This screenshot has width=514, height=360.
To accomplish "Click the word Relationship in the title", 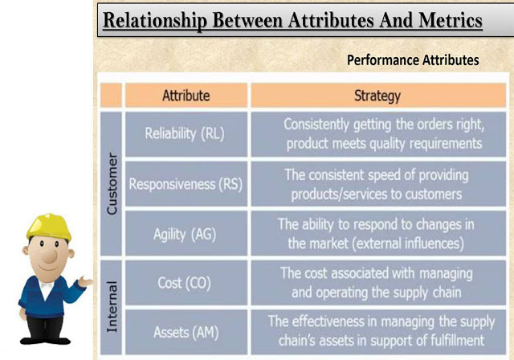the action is [x=155, y=20].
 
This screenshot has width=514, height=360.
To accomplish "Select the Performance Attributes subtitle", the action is [x=413, y=60].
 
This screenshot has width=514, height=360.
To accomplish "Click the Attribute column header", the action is [x=186, y=96].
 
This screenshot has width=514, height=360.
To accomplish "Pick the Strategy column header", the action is [x=378, y=96].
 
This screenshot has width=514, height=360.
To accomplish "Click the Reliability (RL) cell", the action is [x=186, y=134].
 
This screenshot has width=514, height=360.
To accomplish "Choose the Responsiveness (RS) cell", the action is [x=186, y=184].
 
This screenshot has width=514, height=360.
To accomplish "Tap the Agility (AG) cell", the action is [x=186, y=234].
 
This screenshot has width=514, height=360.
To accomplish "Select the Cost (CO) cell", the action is [x=186, y=283].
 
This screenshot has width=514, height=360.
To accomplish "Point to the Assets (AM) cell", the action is [x=186, y=332].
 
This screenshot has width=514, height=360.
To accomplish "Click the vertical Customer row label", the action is [x=112, y=183].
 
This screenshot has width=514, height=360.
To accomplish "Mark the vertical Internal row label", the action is [x=112, y=307].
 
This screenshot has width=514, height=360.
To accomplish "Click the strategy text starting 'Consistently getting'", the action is [x=384, y=134].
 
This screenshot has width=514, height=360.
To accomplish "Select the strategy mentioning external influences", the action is [x=376, y=234].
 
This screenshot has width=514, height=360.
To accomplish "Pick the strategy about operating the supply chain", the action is [x=377, y=283].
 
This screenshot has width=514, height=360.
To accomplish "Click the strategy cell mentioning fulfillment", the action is [x=378, y=332].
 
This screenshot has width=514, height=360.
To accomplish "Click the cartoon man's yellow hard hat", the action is [x=49, y=227].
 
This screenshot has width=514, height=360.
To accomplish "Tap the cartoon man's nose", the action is [x=50, y=256].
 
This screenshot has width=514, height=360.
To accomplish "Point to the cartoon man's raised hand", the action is [x=85, y=281].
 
